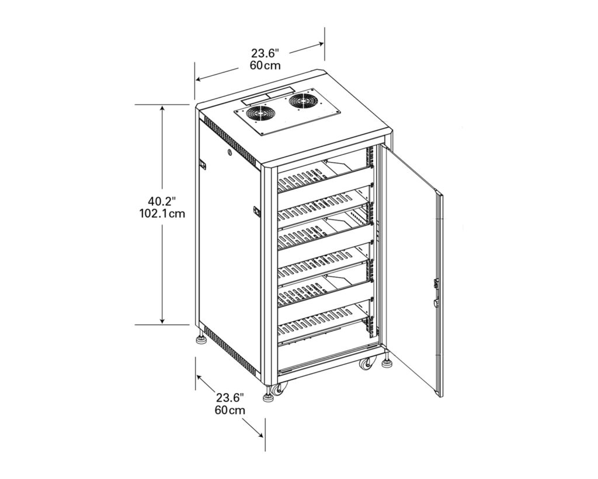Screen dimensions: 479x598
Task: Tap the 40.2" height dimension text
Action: click(162, 201)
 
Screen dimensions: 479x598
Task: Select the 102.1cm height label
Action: click(162, 213)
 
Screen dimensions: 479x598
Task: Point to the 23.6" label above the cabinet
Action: click(265, 53)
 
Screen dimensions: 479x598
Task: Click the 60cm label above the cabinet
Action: click(265, 65)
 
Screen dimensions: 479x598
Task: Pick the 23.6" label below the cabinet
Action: click(230, 398)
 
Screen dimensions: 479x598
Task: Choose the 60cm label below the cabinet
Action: click(230, 410)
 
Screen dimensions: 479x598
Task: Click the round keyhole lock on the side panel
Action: click(230, 154)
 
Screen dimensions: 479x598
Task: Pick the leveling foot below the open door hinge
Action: click(387, 363)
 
